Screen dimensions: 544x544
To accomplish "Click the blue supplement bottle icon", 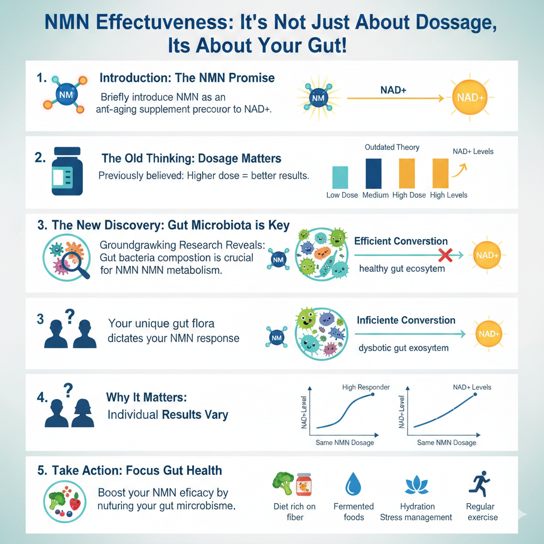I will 67,172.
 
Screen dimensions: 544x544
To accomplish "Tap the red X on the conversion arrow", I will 446,256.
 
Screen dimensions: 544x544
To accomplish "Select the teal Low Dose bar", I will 340,177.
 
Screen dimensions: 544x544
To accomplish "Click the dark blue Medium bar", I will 374,173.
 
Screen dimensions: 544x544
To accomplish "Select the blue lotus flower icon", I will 416,485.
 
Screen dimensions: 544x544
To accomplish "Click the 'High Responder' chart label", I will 367,387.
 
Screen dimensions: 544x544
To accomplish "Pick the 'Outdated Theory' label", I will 392,147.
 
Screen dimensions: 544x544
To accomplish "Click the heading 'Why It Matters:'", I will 147,397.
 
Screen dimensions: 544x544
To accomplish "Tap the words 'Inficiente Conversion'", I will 406,320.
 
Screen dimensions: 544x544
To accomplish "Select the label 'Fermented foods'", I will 353,512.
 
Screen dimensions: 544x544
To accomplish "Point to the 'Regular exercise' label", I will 480,512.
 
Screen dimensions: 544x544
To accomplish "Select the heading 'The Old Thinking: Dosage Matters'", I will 191,158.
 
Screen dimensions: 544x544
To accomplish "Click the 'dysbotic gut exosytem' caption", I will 404,348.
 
